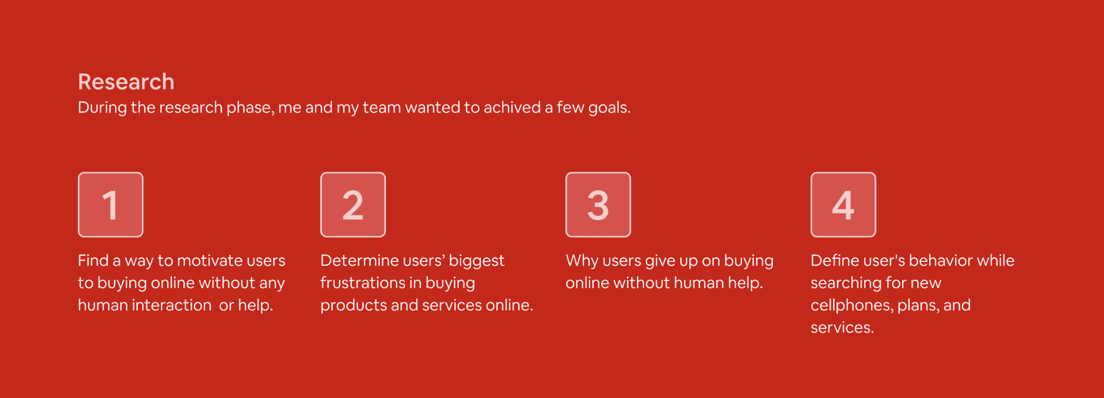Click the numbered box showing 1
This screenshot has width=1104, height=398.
tap(111, 204)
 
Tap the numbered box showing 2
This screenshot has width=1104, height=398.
tap(353, 204)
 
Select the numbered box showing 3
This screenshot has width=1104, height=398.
tap(598, 204)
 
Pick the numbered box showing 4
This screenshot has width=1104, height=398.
tap(843, 204)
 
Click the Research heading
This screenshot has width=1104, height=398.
tap(126, 82)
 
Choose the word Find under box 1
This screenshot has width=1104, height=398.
tap(93, 260)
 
